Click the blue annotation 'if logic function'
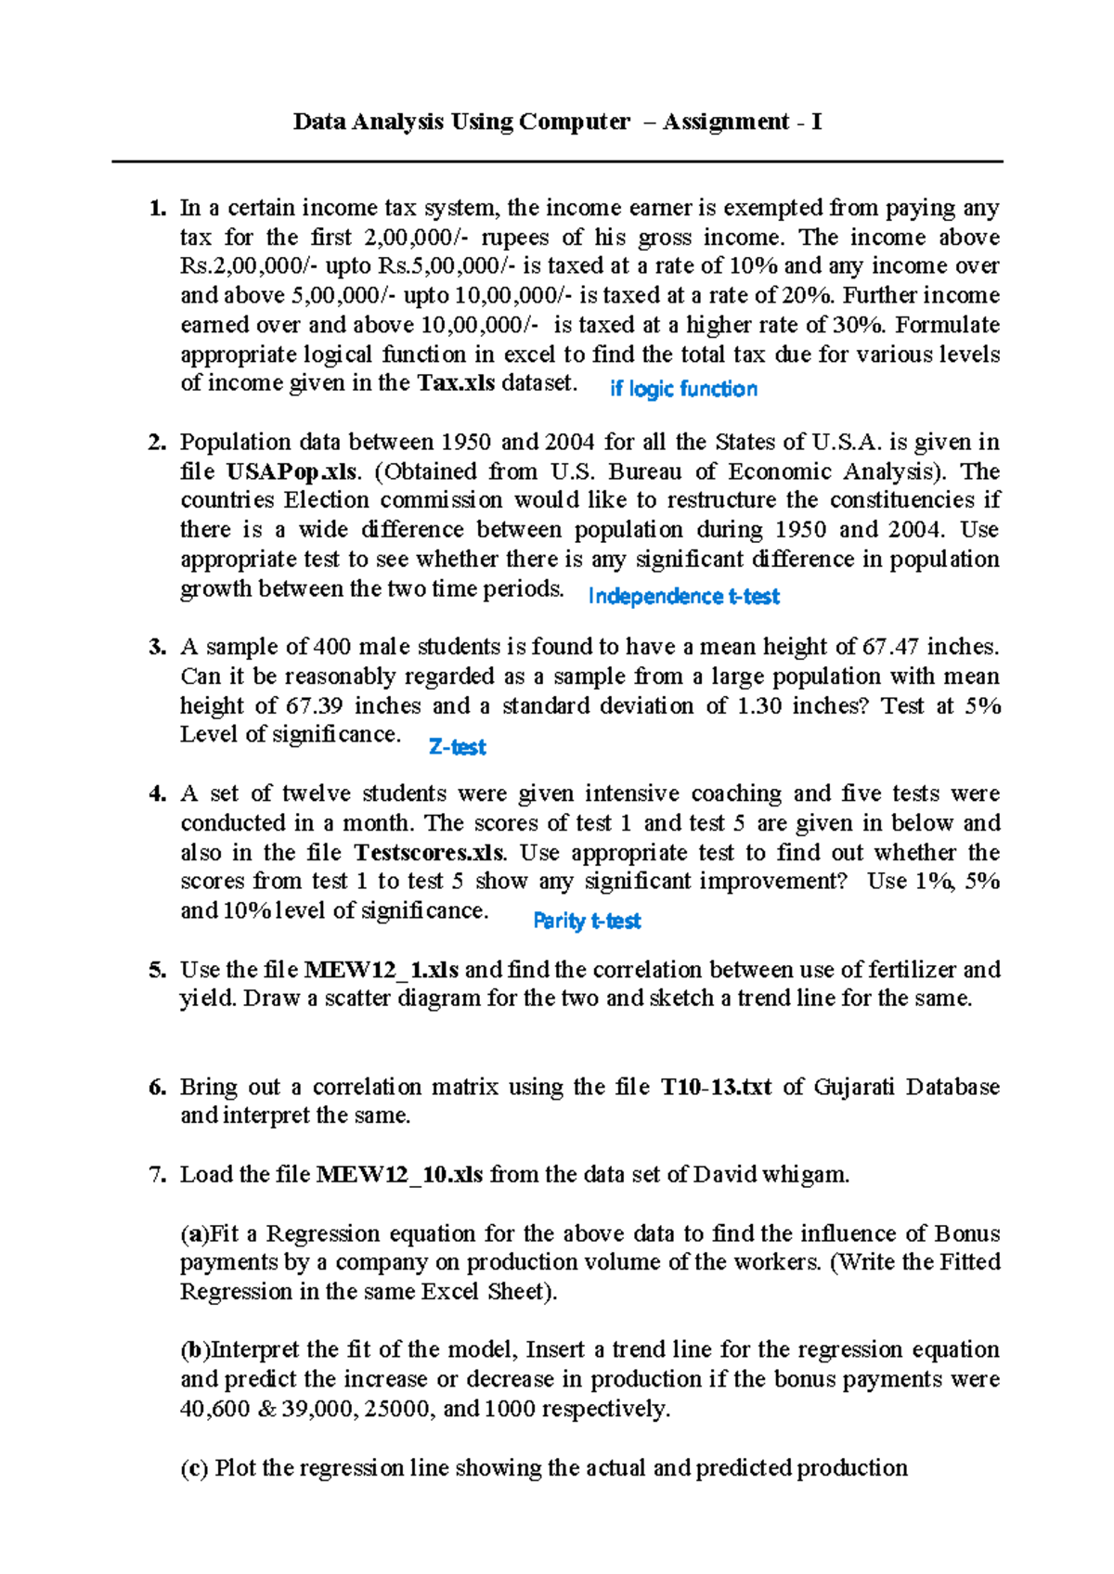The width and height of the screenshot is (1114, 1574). [683, 389]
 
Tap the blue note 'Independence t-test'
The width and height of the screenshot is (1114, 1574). [683, 596]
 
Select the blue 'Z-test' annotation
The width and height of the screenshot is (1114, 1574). [457, 747]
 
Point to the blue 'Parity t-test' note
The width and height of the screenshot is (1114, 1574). [587, 921]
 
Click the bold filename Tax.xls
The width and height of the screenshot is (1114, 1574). [456, 383]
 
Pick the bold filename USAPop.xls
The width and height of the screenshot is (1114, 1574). [291, 471]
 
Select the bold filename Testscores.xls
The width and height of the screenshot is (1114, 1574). [430, 853]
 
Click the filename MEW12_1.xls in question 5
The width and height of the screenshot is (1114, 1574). [382, 970]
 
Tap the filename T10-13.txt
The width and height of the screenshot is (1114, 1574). [716, 1087]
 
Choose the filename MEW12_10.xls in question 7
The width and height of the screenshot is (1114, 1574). [399, 1175]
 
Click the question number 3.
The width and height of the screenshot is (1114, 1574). [157, 647]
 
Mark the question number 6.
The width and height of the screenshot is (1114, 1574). [157, 1087]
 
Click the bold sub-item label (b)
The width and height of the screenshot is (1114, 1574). [195, 1349]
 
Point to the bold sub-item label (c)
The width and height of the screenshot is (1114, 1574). [194, 1468]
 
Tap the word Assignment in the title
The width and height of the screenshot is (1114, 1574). [726, 122]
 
